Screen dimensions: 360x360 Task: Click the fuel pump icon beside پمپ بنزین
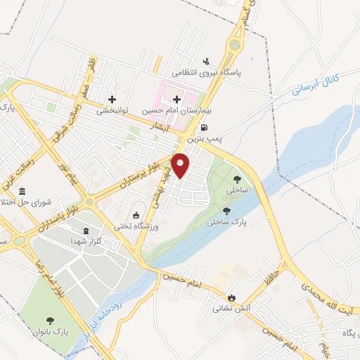click(203, 128)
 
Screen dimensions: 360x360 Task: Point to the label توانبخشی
click(112, 110)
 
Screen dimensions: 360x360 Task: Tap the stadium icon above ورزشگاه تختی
click(136, 214)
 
